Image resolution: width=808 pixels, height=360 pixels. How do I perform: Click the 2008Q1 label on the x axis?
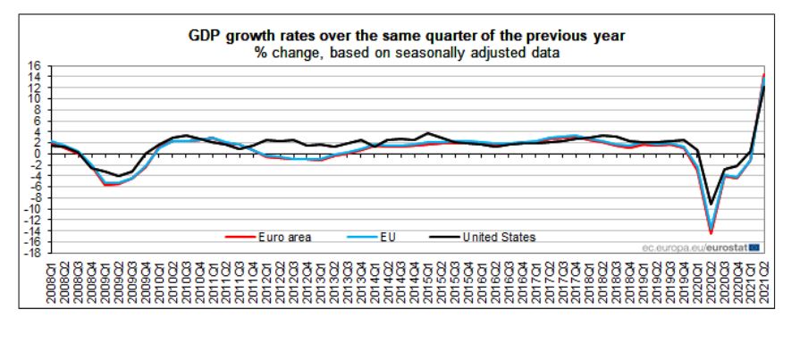[52, 282]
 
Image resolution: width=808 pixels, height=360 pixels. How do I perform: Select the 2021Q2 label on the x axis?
[764, 282]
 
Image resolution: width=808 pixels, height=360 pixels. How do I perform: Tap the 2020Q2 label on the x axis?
[711, 282]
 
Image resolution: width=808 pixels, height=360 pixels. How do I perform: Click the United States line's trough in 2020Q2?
[711, 204]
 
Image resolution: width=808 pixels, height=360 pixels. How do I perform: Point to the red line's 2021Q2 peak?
[764, 75]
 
